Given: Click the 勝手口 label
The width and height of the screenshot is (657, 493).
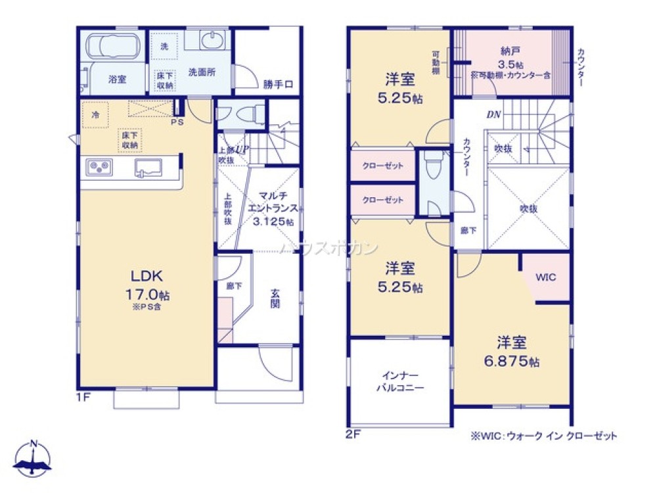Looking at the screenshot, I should (277, 83).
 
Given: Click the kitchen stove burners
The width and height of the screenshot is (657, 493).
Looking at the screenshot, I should (99, 167).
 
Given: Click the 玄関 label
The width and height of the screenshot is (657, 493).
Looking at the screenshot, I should (276, 298).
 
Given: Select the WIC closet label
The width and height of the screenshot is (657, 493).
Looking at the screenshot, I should (545, 277).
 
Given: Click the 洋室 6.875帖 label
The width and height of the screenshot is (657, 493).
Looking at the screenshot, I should (512, 352).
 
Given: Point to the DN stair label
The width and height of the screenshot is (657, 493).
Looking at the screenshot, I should (493, 114).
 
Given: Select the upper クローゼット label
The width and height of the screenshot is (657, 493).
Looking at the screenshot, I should (382, 166).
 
